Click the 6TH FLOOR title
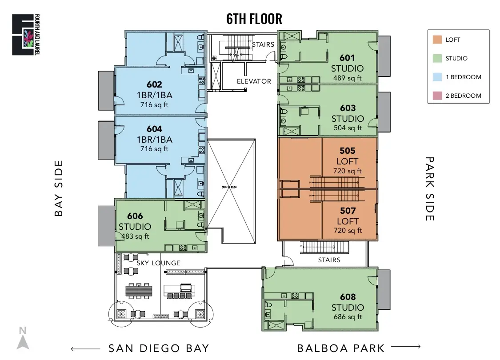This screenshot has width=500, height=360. pos(254,19)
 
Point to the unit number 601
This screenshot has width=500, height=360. pos(347,58)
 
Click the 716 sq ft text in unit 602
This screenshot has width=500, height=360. pos(154,105)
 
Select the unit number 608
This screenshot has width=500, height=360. pos(348,297)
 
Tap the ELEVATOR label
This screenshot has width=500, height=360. pos(254,81)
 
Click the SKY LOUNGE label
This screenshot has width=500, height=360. pos(159,263)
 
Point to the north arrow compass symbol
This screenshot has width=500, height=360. pos(23,339)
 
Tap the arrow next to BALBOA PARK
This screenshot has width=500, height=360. pos(405,347)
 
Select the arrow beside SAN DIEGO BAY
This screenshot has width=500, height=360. pos(85,349)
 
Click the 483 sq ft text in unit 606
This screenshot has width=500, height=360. pos(135,236)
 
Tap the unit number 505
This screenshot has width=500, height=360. pos(348,151)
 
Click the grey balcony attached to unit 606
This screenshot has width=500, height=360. pos(106,226)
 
